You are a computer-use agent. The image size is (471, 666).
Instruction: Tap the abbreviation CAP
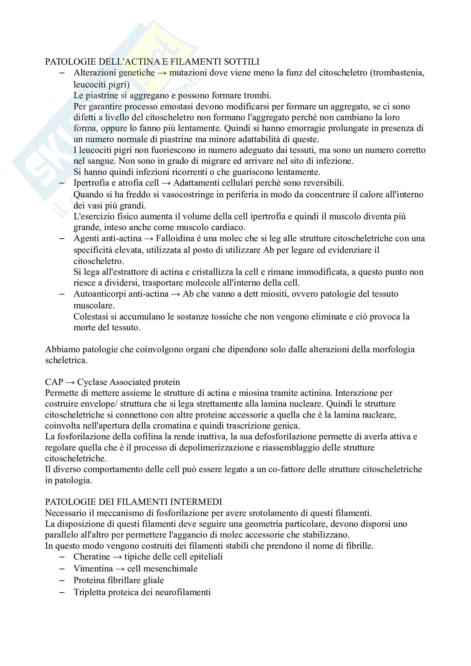pos(54,382)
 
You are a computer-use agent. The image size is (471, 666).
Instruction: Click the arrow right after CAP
pos(70,382)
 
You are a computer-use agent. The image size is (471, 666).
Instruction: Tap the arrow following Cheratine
pos(117,557)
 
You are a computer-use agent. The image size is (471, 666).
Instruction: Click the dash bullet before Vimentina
pos(62,569)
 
